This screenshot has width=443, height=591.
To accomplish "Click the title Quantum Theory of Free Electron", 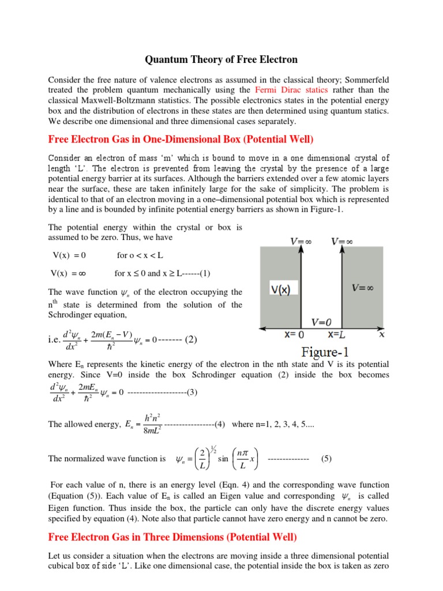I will [x=221, y=59].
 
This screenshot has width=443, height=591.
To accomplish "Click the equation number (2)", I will [x=191, y=339].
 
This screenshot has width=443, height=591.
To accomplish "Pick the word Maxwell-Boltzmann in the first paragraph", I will [x=110, y=100].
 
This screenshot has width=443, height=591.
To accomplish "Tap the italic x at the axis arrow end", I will [x=381, y=334].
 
